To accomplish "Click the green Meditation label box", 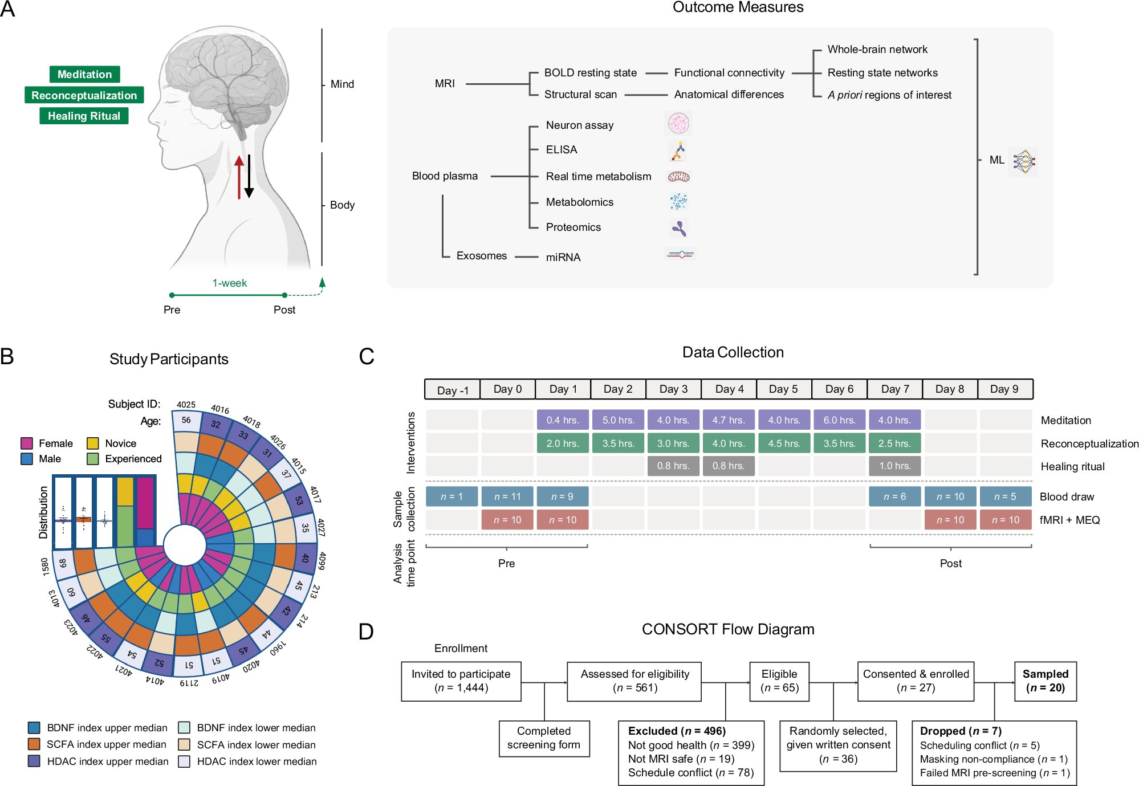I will pos(84,74).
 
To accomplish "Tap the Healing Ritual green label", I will pos(84,116).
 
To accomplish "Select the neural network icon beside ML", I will pos(1023,161).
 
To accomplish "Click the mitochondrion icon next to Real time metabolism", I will pos(678,177).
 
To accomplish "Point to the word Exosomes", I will pos(481,256).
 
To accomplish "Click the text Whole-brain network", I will pos(877,50).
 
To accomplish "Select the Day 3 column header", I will pos(673,389).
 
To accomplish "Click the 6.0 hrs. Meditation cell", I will pos(839,420).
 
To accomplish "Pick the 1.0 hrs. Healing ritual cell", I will pos(894,466).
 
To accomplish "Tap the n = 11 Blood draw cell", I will pos(507,496).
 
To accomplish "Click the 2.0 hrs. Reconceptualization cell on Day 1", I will pos(563,443).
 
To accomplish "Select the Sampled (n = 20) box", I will pos(1045,681).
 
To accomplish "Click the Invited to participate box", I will pos(461,681).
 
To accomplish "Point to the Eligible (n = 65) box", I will pos(779,681).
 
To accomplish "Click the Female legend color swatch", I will pos(27,443).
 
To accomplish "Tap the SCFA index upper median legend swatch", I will pos(34,744).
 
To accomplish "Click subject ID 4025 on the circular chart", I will pos(186,405).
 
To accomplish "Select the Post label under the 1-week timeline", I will pos(284,310).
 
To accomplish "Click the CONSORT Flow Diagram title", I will pos(727,629).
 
